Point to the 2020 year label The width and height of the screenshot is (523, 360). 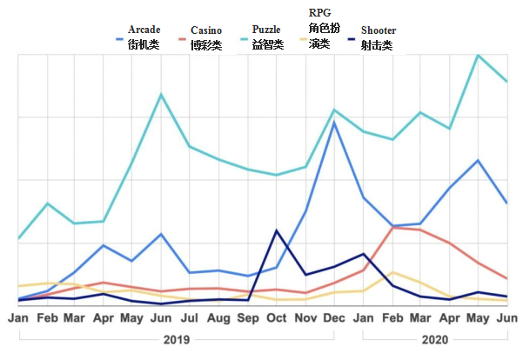click(x=436, y=339)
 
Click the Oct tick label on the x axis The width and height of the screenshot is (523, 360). click(x=276, y=318)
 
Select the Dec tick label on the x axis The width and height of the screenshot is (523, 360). click(x=334, y=318)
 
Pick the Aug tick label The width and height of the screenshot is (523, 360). click(x=218, y=318)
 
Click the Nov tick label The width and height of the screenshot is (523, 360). click(x=305, y=318)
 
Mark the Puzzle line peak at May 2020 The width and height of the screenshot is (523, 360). click(x=478, y=56)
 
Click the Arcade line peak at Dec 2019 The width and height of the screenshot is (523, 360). click(x=334, y=122)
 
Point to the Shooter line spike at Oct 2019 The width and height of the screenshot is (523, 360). click(x=276, y=230)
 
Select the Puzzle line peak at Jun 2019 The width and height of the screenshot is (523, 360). click(x=161, y=94)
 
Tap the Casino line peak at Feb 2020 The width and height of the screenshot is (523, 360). click(x=392, y=227)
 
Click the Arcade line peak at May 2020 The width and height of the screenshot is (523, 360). click(x=478, y=160)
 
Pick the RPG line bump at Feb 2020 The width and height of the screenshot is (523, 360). click(x=392, y=272)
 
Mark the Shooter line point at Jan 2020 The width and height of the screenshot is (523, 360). click(x=363, y=254)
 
